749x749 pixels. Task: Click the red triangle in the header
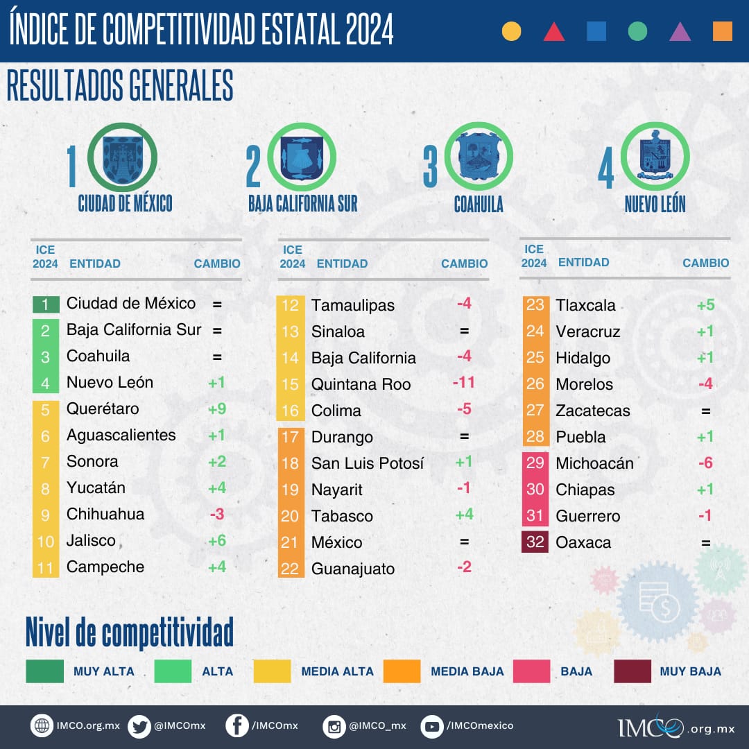[x=554, y=32]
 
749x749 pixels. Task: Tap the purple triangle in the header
[x=680, y=32]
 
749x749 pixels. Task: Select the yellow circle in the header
[x=511, y=31]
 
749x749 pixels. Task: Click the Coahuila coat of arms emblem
[x=479, y=157]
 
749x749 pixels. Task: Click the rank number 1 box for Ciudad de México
[x=46, y=304]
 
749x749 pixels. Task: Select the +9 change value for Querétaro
[x=217, y=409]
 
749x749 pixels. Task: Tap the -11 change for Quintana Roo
[x=464, y=383]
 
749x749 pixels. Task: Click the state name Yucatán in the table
[x=96, y=488]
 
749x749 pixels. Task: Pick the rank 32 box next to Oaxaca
[x=535, y=542]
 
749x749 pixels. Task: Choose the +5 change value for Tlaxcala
[x=705, y=305]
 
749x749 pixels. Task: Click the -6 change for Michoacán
[x=705, y=463]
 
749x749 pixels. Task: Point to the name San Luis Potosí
[x=367, y=463]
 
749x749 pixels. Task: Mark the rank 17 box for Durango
[x=291, y=437]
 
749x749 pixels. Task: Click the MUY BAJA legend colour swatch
[x=632, y=671]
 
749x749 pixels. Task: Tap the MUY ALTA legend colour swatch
[x=44, y=671]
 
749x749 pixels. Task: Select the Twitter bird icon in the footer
[x=139, y=726]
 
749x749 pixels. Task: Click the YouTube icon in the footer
[x=432, y=726]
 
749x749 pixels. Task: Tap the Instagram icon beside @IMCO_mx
[x=334, y=727]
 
